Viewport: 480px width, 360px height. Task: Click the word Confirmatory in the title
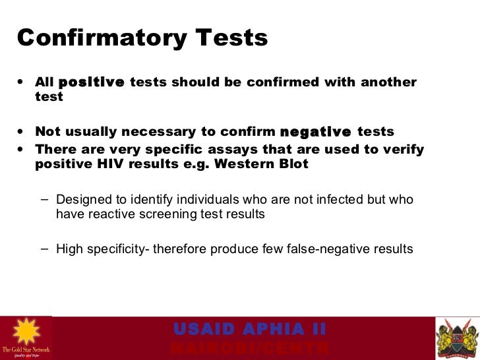(95, 38)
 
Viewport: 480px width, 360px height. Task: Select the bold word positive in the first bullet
(91, 82)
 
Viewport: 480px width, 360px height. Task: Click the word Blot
(291, 164)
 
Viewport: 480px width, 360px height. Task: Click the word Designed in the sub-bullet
(82, 199)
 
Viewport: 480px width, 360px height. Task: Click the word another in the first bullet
(388, 82)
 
